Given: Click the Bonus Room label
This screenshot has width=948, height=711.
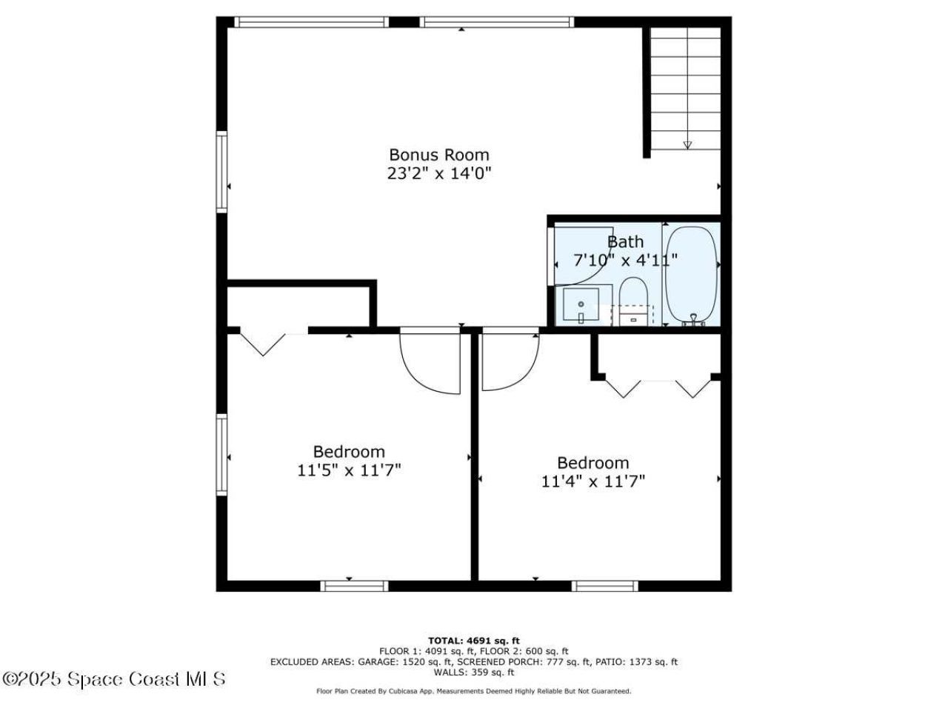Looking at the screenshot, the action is coord(438,155).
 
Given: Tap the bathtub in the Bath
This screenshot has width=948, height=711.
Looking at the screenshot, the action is coord(691,275).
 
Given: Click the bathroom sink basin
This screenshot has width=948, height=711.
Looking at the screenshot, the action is coord(581,305).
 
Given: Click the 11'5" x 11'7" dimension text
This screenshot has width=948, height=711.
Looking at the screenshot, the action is coord(349,470).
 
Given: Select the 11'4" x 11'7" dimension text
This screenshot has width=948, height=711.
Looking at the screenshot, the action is coord(593,481).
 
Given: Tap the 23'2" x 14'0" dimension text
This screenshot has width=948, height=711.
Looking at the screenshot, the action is coord(438,173).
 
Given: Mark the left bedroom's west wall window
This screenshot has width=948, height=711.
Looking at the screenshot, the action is coord(221,454).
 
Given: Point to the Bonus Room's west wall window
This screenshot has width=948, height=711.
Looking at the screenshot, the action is coord(221,172).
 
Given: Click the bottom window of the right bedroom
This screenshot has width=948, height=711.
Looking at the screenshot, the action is coord(604,586).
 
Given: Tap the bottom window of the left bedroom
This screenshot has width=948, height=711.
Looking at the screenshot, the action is coord(354,586).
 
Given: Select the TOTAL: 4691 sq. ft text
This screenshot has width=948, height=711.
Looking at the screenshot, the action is coord(474,640).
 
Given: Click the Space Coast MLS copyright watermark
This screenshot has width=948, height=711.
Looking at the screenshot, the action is coord(113,679).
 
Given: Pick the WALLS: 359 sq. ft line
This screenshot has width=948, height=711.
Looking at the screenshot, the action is coord(474,672).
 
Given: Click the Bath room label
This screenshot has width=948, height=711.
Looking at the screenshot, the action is coord(625,241).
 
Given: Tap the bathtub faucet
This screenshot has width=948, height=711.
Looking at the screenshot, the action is coord(693,320).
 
